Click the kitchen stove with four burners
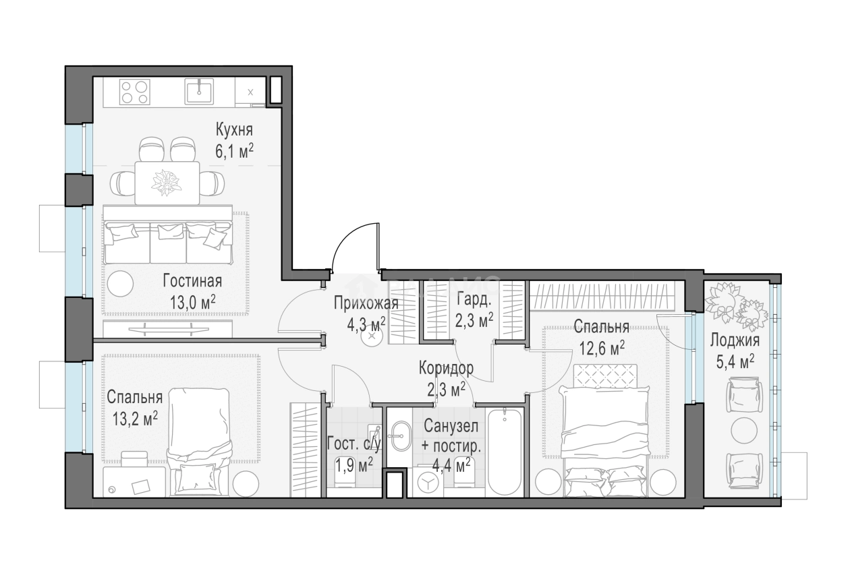[x=134, y=92]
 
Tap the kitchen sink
[x=198, y=92]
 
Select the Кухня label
[x=234, y=130]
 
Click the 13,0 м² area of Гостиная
[x=193, y=303]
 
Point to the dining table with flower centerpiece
[x=167, y=183]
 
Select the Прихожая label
[x=366, y=303]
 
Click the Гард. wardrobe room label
[x=474, y=299]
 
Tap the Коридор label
[x=446, y=368]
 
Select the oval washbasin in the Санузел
[x=401, y=436]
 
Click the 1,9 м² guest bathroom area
[x=354, y=465]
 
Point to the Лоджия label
[x=735, y=341]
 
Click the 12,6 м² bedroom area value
[x=602, y=348]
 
